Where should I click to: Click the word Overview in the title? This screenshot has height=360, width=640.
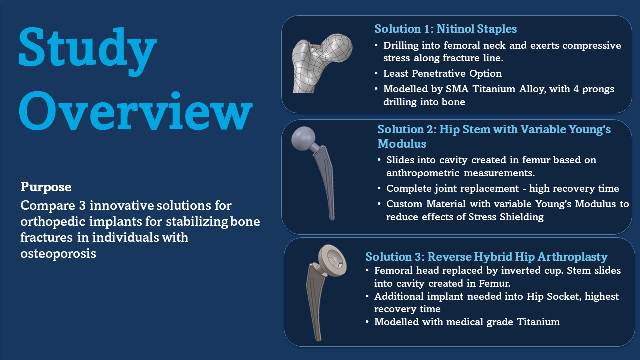tap(135, 111)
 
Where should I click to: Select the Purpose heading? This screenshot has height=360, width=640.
tap(46, 187)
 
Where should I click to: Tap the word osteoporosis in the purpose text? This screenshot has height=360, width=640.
tap(58, 253)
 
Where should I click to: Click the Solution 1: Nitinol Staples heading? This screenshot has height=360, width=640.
tap(445, 29)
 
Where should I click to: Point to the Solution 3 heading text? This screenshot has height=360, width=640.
tap(486, 257)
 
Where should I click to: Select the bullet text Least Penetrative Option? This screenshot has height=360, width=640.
tap(442, 73)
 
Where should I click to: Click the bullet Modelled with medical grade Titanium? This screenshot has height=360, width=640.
tap(467, 322)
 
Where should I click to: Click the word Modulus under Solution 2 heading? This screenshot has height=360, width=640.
tap(401, 144)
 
